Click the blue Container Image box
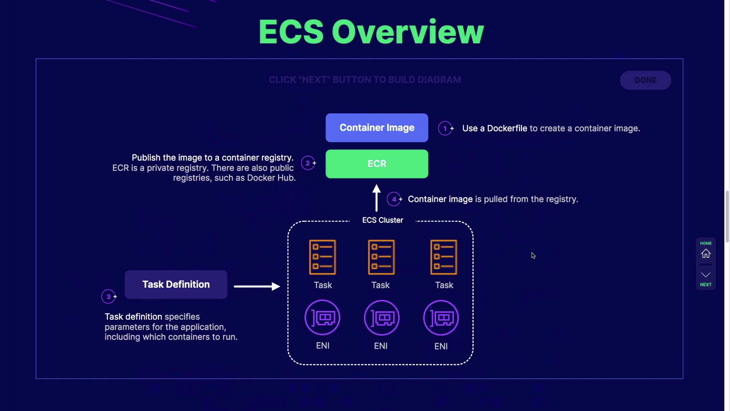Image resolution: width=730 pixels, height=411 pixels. click(377, 128)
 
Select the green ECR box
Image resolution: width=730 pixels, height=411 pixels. click(377, 164)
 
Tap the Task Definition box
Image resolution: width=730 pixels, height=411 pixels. click(176, 285)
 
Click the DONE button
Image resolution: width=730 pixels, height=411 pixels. click(646, 80)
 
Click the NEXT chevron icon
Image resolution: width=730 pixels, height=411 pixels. click(706, 275)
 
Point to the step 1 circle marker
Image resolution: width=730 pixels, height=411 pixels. click(445, 128)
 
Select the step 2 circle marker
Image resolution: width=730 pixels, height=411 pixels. click(308, 163)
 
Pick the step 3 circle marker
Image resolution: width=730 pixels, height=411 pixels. click(108, 296)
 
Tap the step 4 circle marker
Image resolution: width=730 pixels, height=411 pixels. click(394, 199)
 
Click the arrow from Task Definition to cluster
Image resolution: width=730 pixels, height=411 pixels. click(257, 286)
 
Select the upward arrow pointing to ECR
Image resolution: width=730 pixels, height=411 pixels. click(376, 198)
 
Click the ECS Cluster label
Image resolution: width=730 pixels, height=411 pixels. click(382, 220)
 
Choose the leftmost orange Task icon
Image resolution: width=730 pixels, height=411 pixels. click(322, 257)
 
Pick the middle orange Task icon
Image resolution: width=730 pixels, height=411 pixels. click(381, 257)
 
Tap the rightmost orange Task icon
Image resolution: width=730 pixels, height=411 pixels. click(444, 257)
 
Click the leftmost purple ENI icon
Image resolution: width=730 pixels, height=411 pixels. click(322, 318)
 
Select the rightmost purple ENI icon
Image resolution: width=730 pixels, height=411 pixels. click(441, 318)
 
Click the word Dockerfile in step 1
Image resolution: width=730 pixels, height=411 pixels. click(507, 129)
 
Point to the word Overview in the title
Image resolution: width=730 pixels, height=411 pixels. click(408, 32)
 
